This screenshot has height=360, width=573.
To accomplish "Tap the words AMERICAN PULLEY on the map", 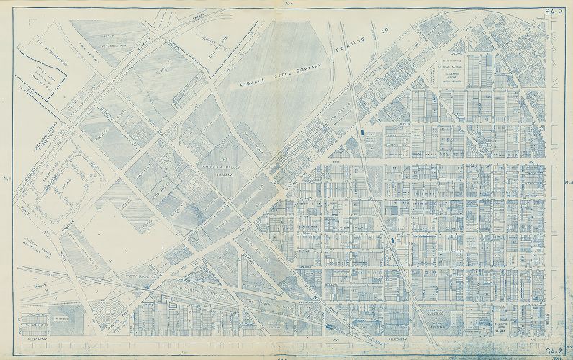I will [x=224, y=167].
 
